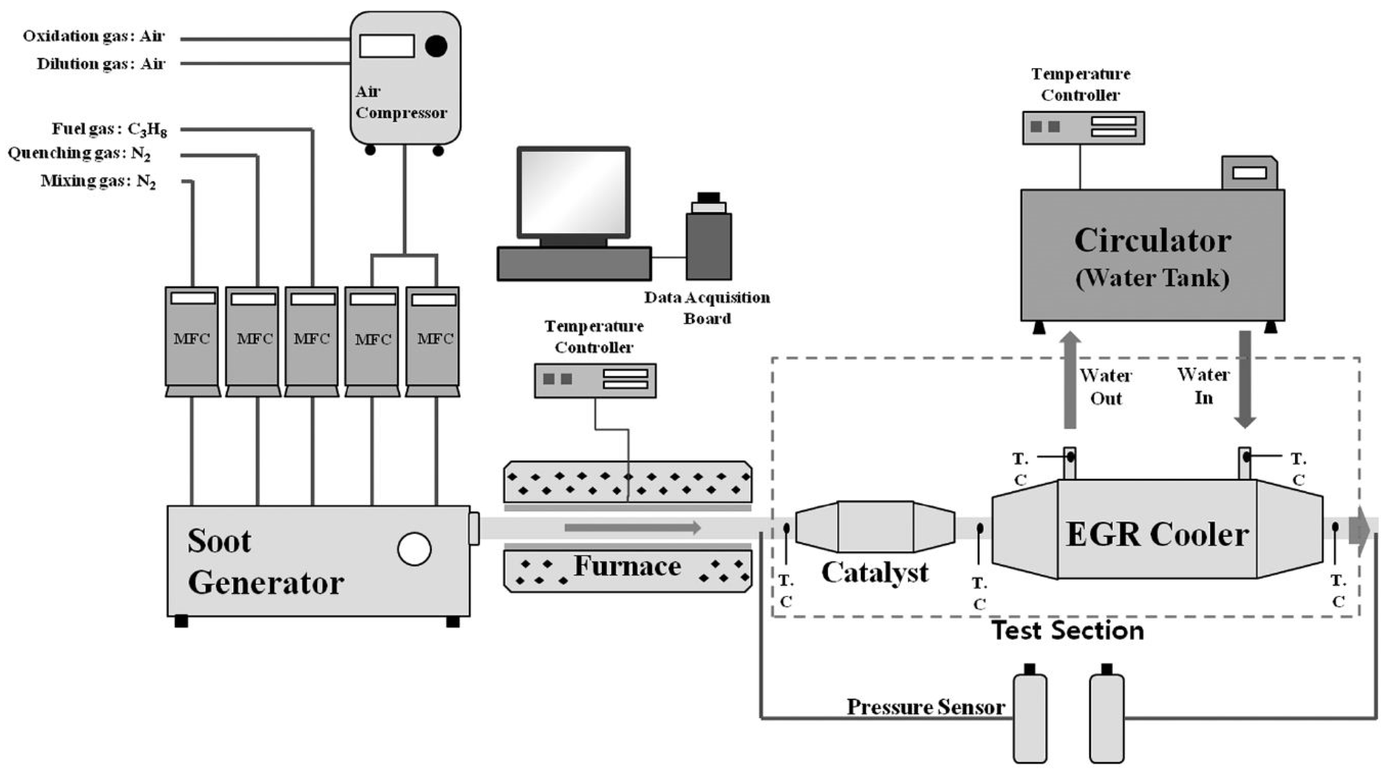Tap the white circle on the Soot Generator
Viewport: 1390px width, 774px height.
[414, 549]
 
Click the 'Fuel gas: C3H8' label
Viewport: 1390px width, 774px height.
[109, 130]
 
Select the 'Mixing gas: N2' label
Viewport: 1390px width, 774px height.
[98, 181]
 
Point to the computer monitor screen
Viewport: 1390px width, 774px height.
[573, 192]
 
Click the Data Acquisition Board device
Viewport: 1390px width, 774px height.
[709, 240]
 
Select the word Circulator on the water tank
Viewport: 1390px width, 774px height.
[1153, 241]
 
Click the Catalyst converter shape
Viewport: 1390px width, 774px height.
[875, 526]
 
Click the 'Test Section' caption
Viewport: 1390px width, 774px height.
[1068, 630]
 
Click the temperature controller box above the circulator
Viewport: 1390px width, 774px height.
[1083, 128]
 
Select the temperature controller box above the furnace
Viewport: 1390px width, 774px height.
[594, 380]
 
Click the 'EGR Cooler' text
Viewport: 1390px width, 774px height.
[1157, 535]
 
